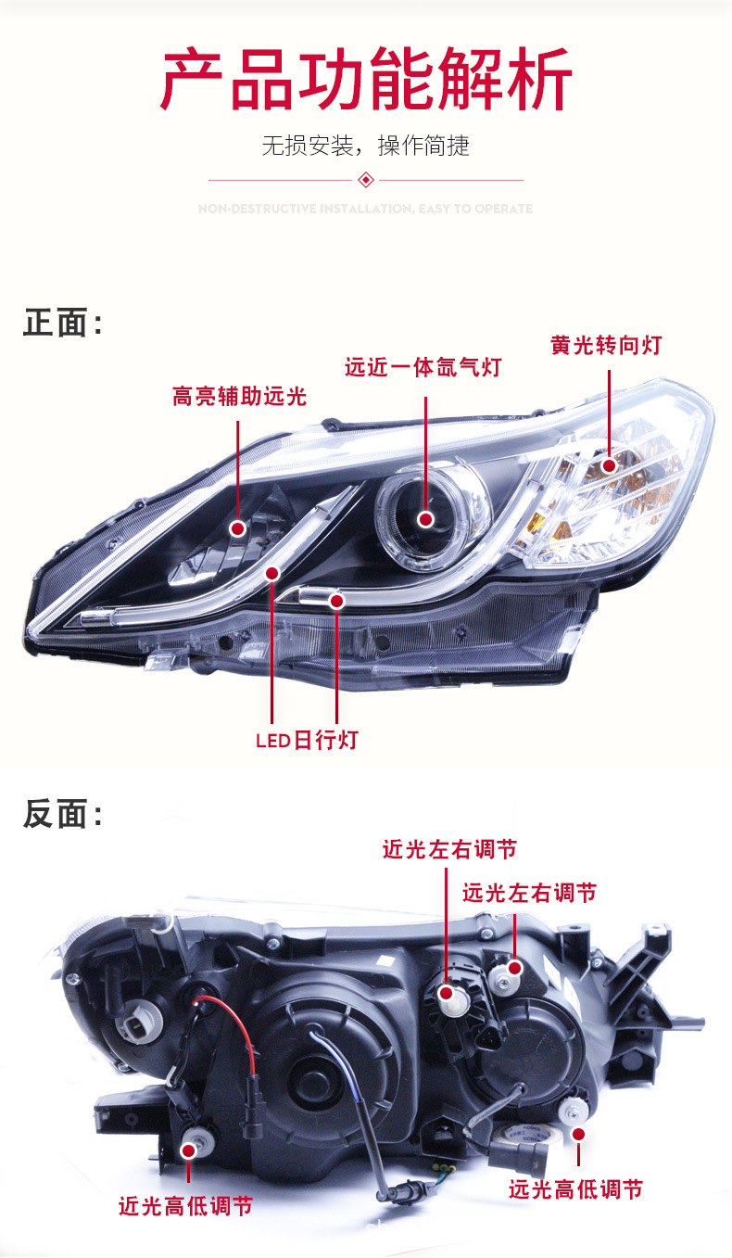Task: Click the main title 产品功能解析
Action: click(366, 82)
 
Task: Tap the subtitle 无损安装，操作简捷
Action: click(365, 146)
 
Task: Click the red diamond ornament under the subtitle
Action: click(366, 180)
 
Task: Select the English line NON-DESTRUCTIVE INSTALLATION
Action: click(365, 210)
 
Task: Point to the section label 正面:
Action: click(62, 324)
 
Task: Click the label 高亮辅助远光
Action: click(239, 397)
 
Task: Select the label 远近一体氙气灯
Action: click(423, 367)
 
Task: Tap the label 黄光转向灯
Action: click(606, 346)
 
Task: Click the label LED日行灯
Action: click(307, 740)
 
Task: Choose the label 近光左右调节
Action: click(449, 849)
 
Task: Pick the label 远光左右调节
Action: click(529, 893)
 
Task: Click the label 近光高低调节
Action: click(185, 1206)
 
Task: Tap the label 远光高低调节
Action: click(575, 1189)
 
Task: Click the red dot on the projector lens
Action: click(425, 519)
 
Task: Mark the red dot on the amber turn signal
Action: click(609, 466)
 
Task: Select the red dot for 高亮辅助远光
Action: click(238, 528)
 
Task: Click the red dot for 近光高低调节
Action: click(189, 1150)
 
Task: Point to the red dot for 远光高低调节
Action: click(579, 1133)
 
